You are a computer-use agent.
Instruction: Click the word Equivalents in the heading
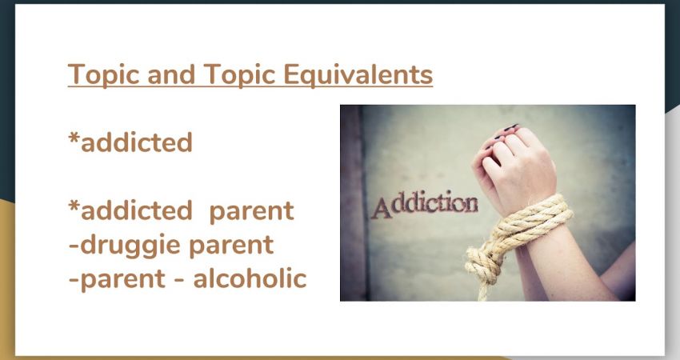pyautogui.click(x=358, y=74)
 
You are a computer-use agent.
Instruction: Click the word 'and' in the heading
pyautogui.click(x=171, y=74)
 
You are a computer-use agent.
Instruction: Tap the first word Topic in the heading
pyautogui.click(x=104, y=74)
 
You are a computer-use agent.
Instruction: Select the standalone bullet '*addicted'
pyautogui.click(x=130, y=142)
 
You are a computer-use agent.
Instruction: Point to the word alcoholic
pyautogui.click(x=250, y=278)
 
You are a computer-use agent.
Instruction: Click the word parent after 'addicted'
pyautogui.click(x=251, y=212)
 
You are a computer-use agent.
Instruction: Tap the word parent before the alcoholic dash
pyautogui.click(x=122, y=280)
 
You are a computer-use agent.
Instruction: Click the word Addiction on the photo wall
pyautogui.click(x=425, y=204)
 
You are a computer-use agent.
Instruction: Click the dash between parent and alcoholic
pyautogui.click(x=179, y=280)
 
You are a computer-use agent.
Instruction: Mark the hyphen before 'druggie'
pyautogui.click(x=74, y=246)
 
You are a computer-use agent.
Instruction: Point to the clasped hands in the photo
pyautogui.click(x=514, y=167)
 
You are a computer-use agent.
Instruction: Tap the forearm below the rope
pyautogui.click(x=559, y=265)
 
